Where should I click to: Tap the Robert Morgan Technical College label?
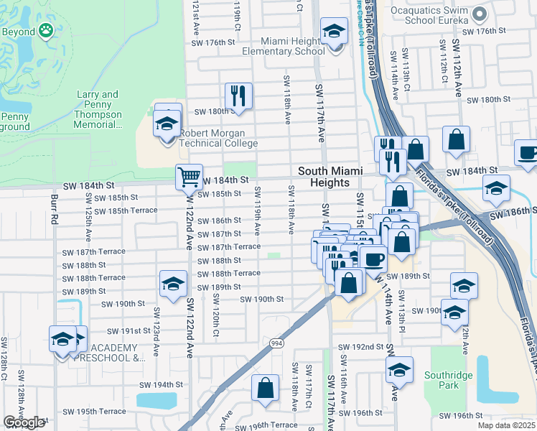(218, 139)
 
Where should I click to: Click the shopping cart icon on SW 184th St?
(189, 176)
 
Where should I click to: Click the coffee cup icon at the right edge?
(527, 153)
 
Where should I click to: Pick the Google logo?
(24, 422)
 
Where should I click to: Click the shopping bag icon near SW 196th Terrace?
(265, 387)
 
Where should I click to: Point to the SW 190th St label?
(261, 299)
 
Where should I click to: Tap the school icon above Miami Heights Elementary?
(333, 31)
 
